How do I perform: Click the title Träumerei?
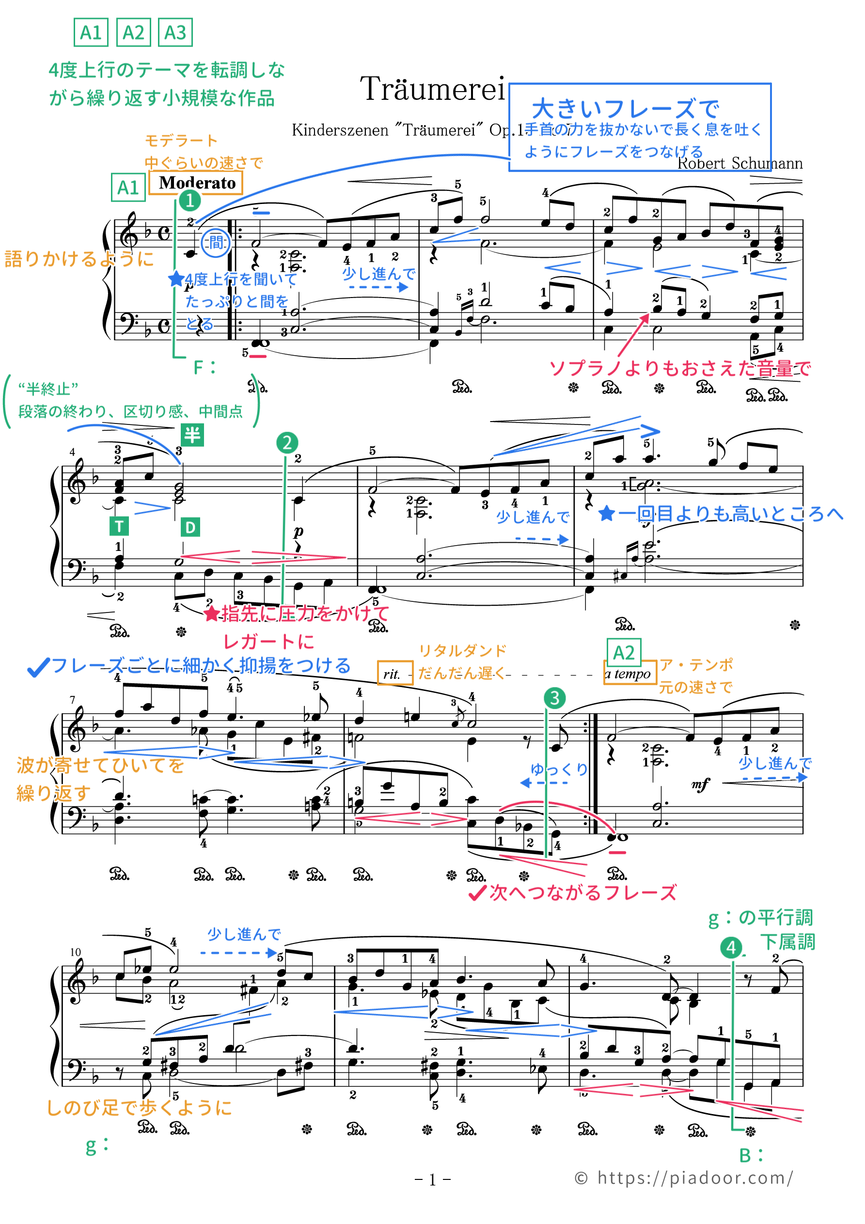pos(432,89)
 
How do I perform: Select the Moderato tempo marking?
pos(197,183)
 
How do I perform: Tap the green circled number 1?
pos(189,201)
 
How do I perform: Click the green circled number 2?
pos(287,442)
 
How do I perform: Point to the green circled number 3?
pos(555,698)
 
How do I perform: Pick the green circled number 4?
pos(731,947)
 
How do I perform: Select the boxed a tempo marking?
pos(629,674)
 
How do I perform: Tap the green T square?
pos(119,526)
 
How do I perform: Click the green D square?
pos(190,527)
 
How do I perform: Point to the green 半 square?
pos(192,435)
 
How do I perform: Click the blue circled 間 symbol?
pos(216,243)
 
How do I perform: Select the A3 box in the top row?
pos(175,33)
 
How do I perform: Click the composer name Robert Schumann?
pos(739,163)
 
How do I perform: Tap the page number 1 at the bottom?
pos(432,1180)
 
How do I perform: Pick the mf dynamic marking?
pos(701,784)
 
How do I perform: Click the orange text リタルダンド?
pos(462,650)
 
